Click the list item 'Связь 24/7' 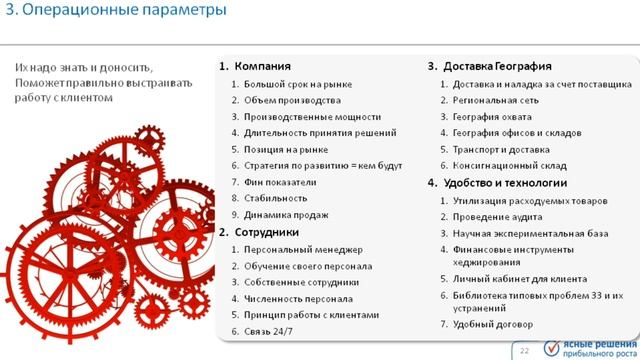tap(271, 331)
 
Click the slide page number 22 tap(523, 349)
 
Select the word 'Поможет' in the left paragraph tap(38, 82)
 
